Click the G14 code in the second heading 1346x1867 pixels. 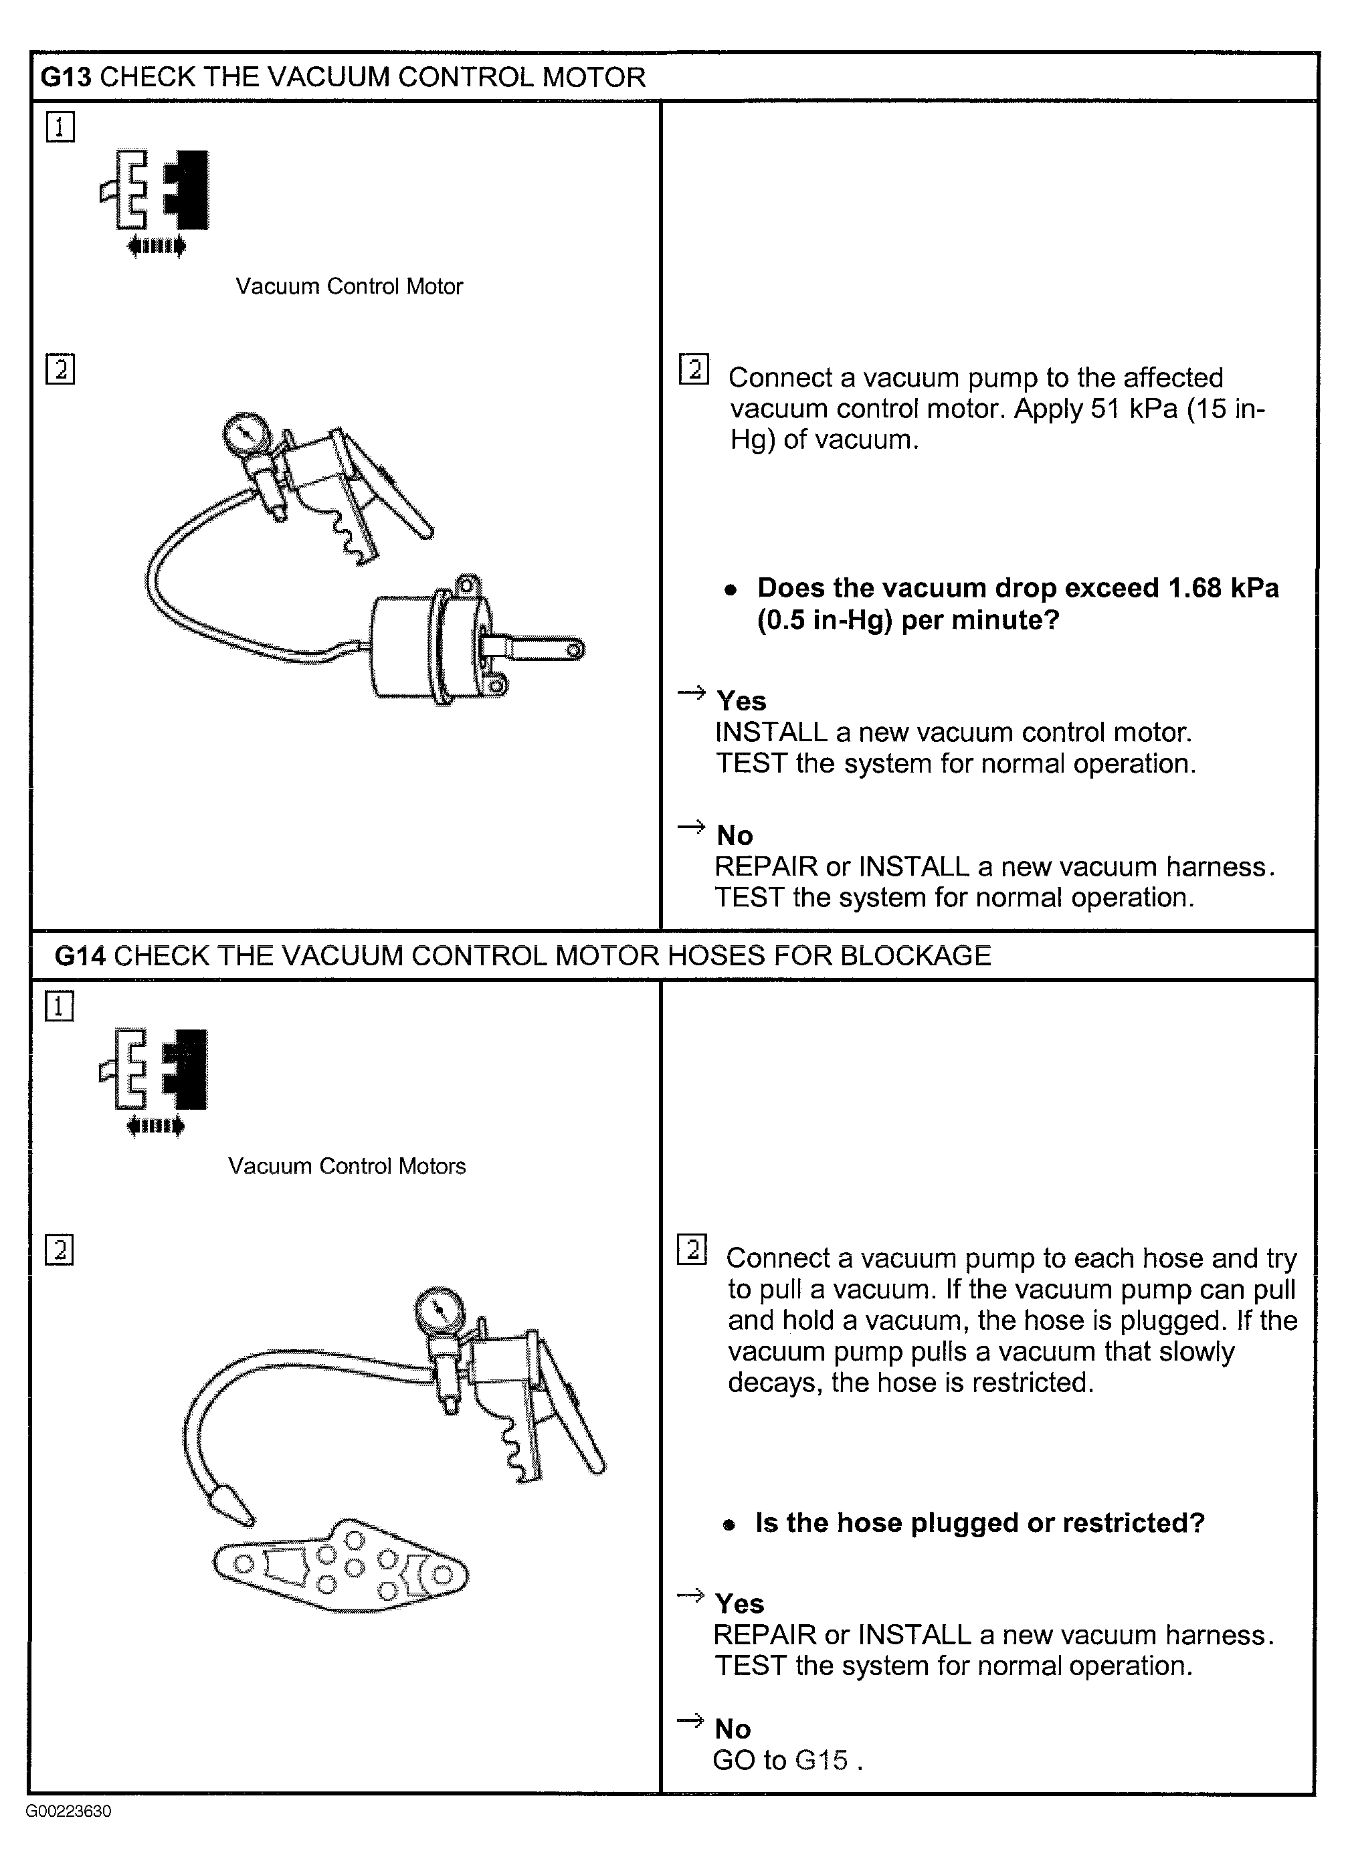click(81, 956)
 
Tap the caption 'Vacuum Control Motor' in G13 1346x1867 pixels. click(349, 286)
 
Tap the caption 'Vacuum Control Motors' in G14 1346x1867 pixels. click(347, 1166)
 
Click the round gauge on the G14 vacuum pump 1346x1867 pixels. click(442, 1310)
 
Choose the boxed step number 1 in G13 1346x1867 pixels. click(60, 128)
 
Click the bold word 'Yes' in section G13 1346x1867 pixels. click(741, 700)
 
